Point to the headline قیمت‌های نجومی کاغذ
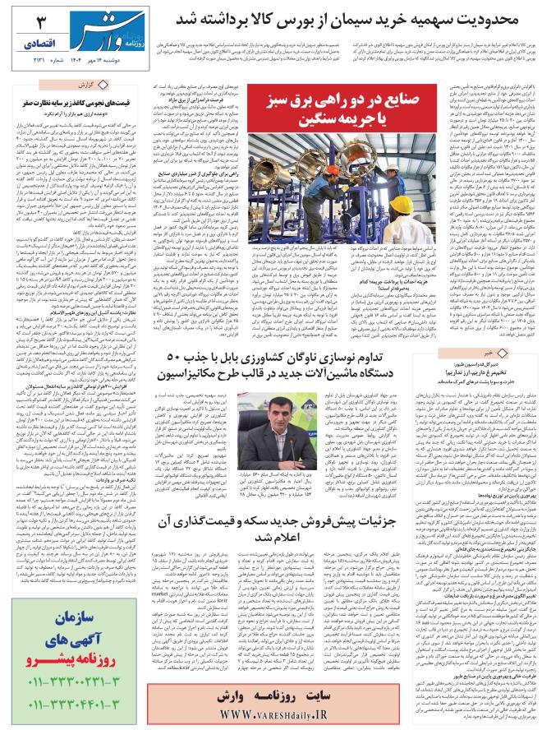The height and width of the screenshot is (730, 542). click(78, 99)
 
